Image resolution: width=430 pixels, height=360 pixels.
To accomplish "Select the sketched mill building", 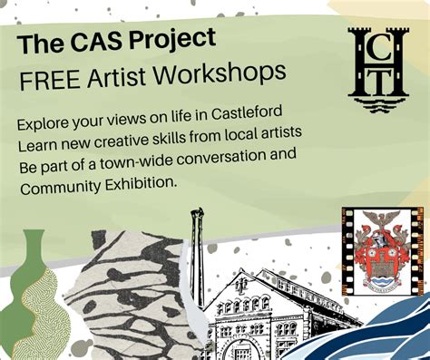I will (263, 313).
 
